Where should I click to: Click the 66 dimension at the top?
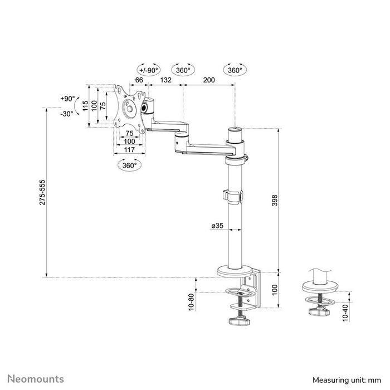tap(139, 81)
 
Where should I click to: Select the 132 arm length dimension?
tap(165, 81)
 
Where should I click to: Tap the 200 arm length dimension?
tap(209, 81)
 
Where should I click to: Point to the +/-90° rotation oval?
tap(148, 70)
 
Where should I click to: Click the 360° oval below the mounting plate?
tap(129, 166)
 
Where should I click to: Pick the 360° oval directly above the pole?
tap(235, 70)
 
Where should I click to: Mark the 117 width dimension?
tap(129, 150)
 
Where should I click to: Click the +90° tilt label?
tap(67, 99)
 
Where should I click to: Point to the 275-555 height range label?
tap(43, 193)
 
